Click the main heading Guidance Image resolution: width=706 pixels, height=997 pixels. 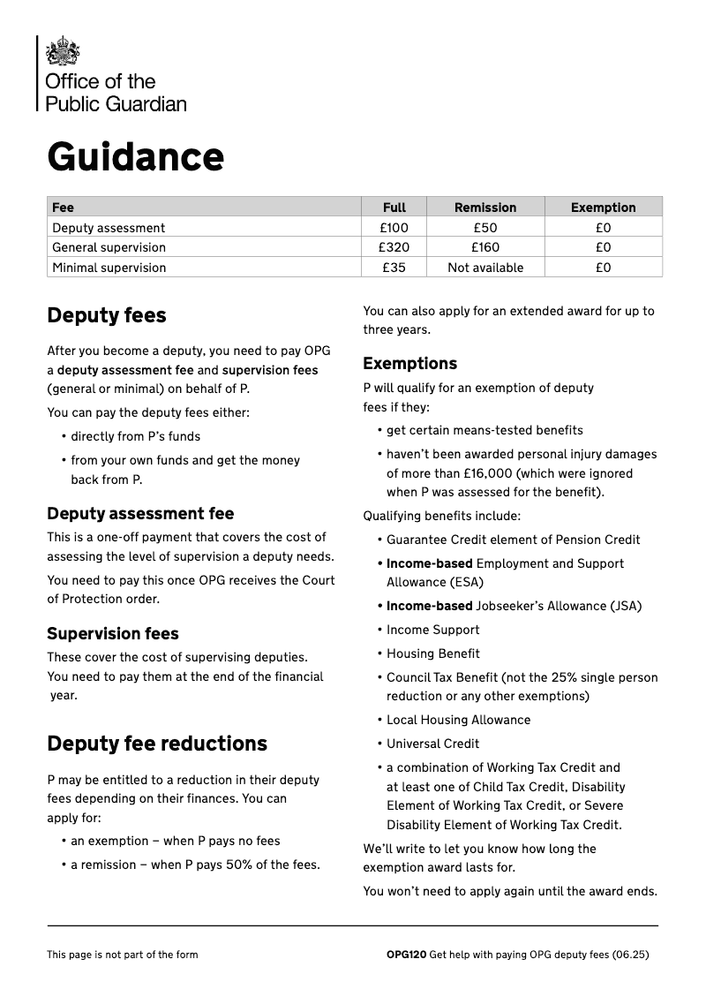click(x=135, y=157)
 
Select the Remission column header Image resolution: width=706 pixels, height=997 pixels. click(x=484, y=208)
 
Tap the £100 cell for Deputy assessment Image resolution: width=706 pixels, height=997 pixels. click(x=394, y=228)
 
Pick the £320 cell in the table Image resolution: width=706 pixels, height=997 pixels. click(x=394, y=247)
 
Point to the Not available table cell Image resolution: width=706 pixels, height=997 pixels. click(x=484, y=268)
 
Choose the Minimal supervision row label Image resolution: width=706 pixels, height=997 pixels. click(x=109, y=268)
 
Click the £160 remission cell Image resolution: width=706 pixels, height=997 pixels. click(x=484, y=247)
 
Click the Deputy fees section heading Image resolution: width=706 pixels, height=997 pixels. click(x=106, y=315)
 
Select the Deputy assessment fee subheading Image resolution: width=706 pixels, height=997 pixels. click(x=140, y=513)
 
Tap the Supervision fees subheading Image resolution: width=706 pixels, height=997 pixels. click(x=112, y=633)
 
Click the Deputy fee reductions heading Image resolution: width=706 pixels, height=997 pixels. click(x=156, y=744)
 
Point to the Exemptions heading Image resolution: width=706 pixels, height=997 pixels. click(x=409, y=363)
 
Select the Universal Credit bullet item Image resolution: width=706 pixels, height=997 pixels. click(x=432, y=744)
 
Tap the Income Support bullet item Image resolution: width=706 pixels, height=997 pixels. click(x=432, y=630)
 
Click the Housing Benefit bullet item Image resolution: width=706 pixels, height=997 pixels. click(x=432, y=653)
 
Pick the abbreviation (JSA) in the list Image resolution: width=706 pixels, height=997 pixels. click(x=626, y=606)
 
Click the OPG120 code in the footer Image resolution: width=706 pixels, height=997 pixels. click(x=406, y=955)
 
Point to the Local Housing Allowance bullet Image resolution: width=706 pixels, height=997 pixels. click(x=458, y=720)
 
